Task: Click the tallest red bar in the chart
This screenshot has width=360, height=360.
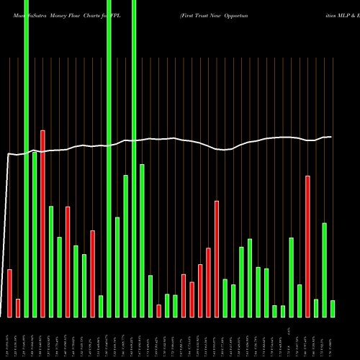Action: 42,223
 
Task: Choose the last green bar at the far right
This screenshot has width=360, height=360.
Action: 333,309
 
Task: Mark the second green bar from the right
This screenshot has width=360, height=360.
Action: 325,270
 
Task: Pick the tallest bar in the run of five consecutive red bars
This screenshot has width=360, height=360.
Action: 217,258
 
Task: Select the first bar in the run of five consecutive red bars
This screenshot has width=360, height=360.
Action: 184,295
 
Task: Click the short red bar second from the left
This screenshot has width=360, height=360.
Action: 18,307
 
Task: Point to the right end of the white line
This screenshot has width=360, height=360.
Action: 330,137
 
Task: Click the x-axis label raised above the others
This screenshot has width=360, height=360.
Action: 288,329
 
